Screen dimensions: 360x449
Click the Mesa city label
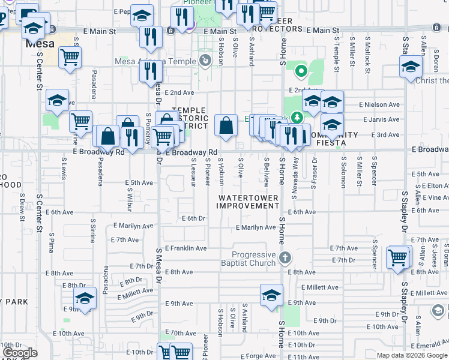pyautogui.click(x=39, y=44)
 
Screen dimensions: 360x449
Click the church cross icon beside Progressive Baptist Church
pyautogui.click(x=285, y=259)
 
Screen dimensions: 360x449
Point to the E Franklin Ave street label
pyautogui.click(x=185, y=248)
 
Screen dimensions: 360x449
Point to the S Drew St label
pyautogui.click(x=22, y=203)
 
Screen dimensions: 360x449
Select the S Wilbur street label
pyautogui.click(x=129, y=203)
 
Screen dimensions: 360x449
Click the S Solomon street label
pyautogui.click(x=343, y=173)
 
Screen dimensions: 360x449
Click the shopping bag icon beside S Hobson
pyautogui.click(x=226, y=126)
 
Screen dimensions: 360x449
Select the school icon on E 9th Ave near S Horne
pyautogui.click(x=271, y=296)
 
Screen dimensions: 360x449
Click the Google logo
pyautogui.click(x=20, y=353)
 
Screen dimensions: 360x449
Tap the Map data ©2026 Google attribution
pyautogui.click(x=411, y=355)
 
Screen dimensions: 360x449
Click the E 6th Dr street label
pyautogui.click(x=193, y=219)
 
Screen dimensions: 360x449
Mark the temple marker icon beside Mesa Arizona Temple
pyautogui.click(x=205, y=61)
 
